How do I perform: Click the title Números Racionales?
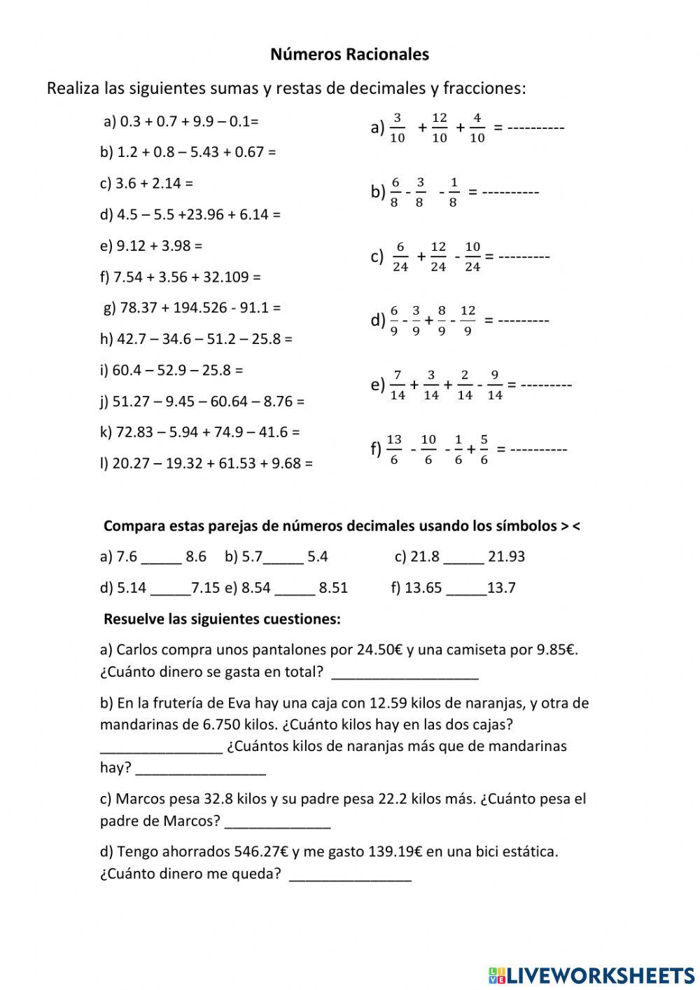[x=349, y=54]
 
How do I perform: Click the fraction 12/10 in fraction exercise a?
[x=440, y=128]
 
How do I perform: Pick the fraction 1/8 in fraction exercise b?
[x=454, y=192]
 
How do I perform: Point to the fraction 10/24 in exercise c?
[x=472, y=256]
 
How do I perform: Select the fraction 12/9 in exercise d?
[x=468, y=320]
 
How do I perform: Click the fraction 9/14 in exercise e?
[x=494, y=385]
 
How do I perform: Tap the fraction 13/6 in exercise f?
[x=394, y=449]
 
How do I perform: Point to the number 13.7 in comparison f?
[x=501, y=589]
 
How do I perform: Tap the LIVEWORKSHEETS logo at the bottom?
[x=591, y=974]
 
